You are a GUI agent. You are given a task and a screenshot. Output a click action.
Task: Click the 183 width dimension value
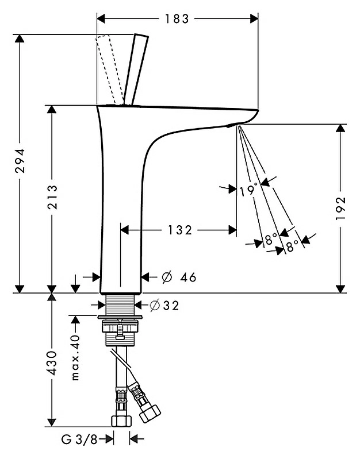point(177,19)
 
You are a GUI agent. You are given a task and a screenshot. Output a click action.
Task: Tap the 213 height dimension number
point(52,196)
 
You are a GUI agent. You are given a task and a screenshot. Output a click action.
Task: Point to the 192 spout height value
point(341,208)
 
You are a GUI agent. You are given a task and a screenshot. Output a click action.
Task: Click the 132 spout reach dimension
point(180,230)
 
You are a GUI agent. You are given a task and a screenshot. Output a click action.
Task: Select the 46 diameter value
point(188,277)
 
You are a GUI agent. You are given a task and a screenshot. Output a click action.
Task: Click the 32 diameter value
point(171,306)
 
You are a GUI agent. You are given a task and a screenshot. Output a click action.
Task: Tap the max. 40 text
point(75,358)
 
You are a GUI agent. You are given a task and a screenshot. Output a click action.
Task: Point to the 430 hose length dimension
point(52,363)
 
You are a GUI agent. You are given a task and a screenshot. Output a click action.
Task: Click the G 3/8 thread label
point(79,439)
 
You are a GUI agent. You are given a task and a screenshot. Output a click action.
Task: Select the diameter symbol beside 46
point(167,277)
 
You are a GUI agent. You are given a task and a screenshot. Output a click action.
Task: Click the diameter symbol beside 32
point(155,306)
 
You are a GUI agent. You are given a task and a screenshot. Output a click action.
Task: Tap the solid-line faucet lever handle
point(136,70)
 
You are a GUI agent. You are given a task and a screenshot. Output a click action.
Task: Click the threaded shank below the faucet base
point(120,304)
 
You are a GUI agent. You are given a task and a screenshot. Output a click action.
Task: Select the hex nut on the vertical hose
point(122,421)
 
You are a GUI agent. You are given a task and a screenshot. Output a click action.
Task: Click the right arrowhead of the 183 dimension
point(254,19)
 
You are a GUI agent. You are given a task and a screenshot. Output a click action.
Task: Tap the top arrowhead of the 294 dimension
point(20,38)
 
